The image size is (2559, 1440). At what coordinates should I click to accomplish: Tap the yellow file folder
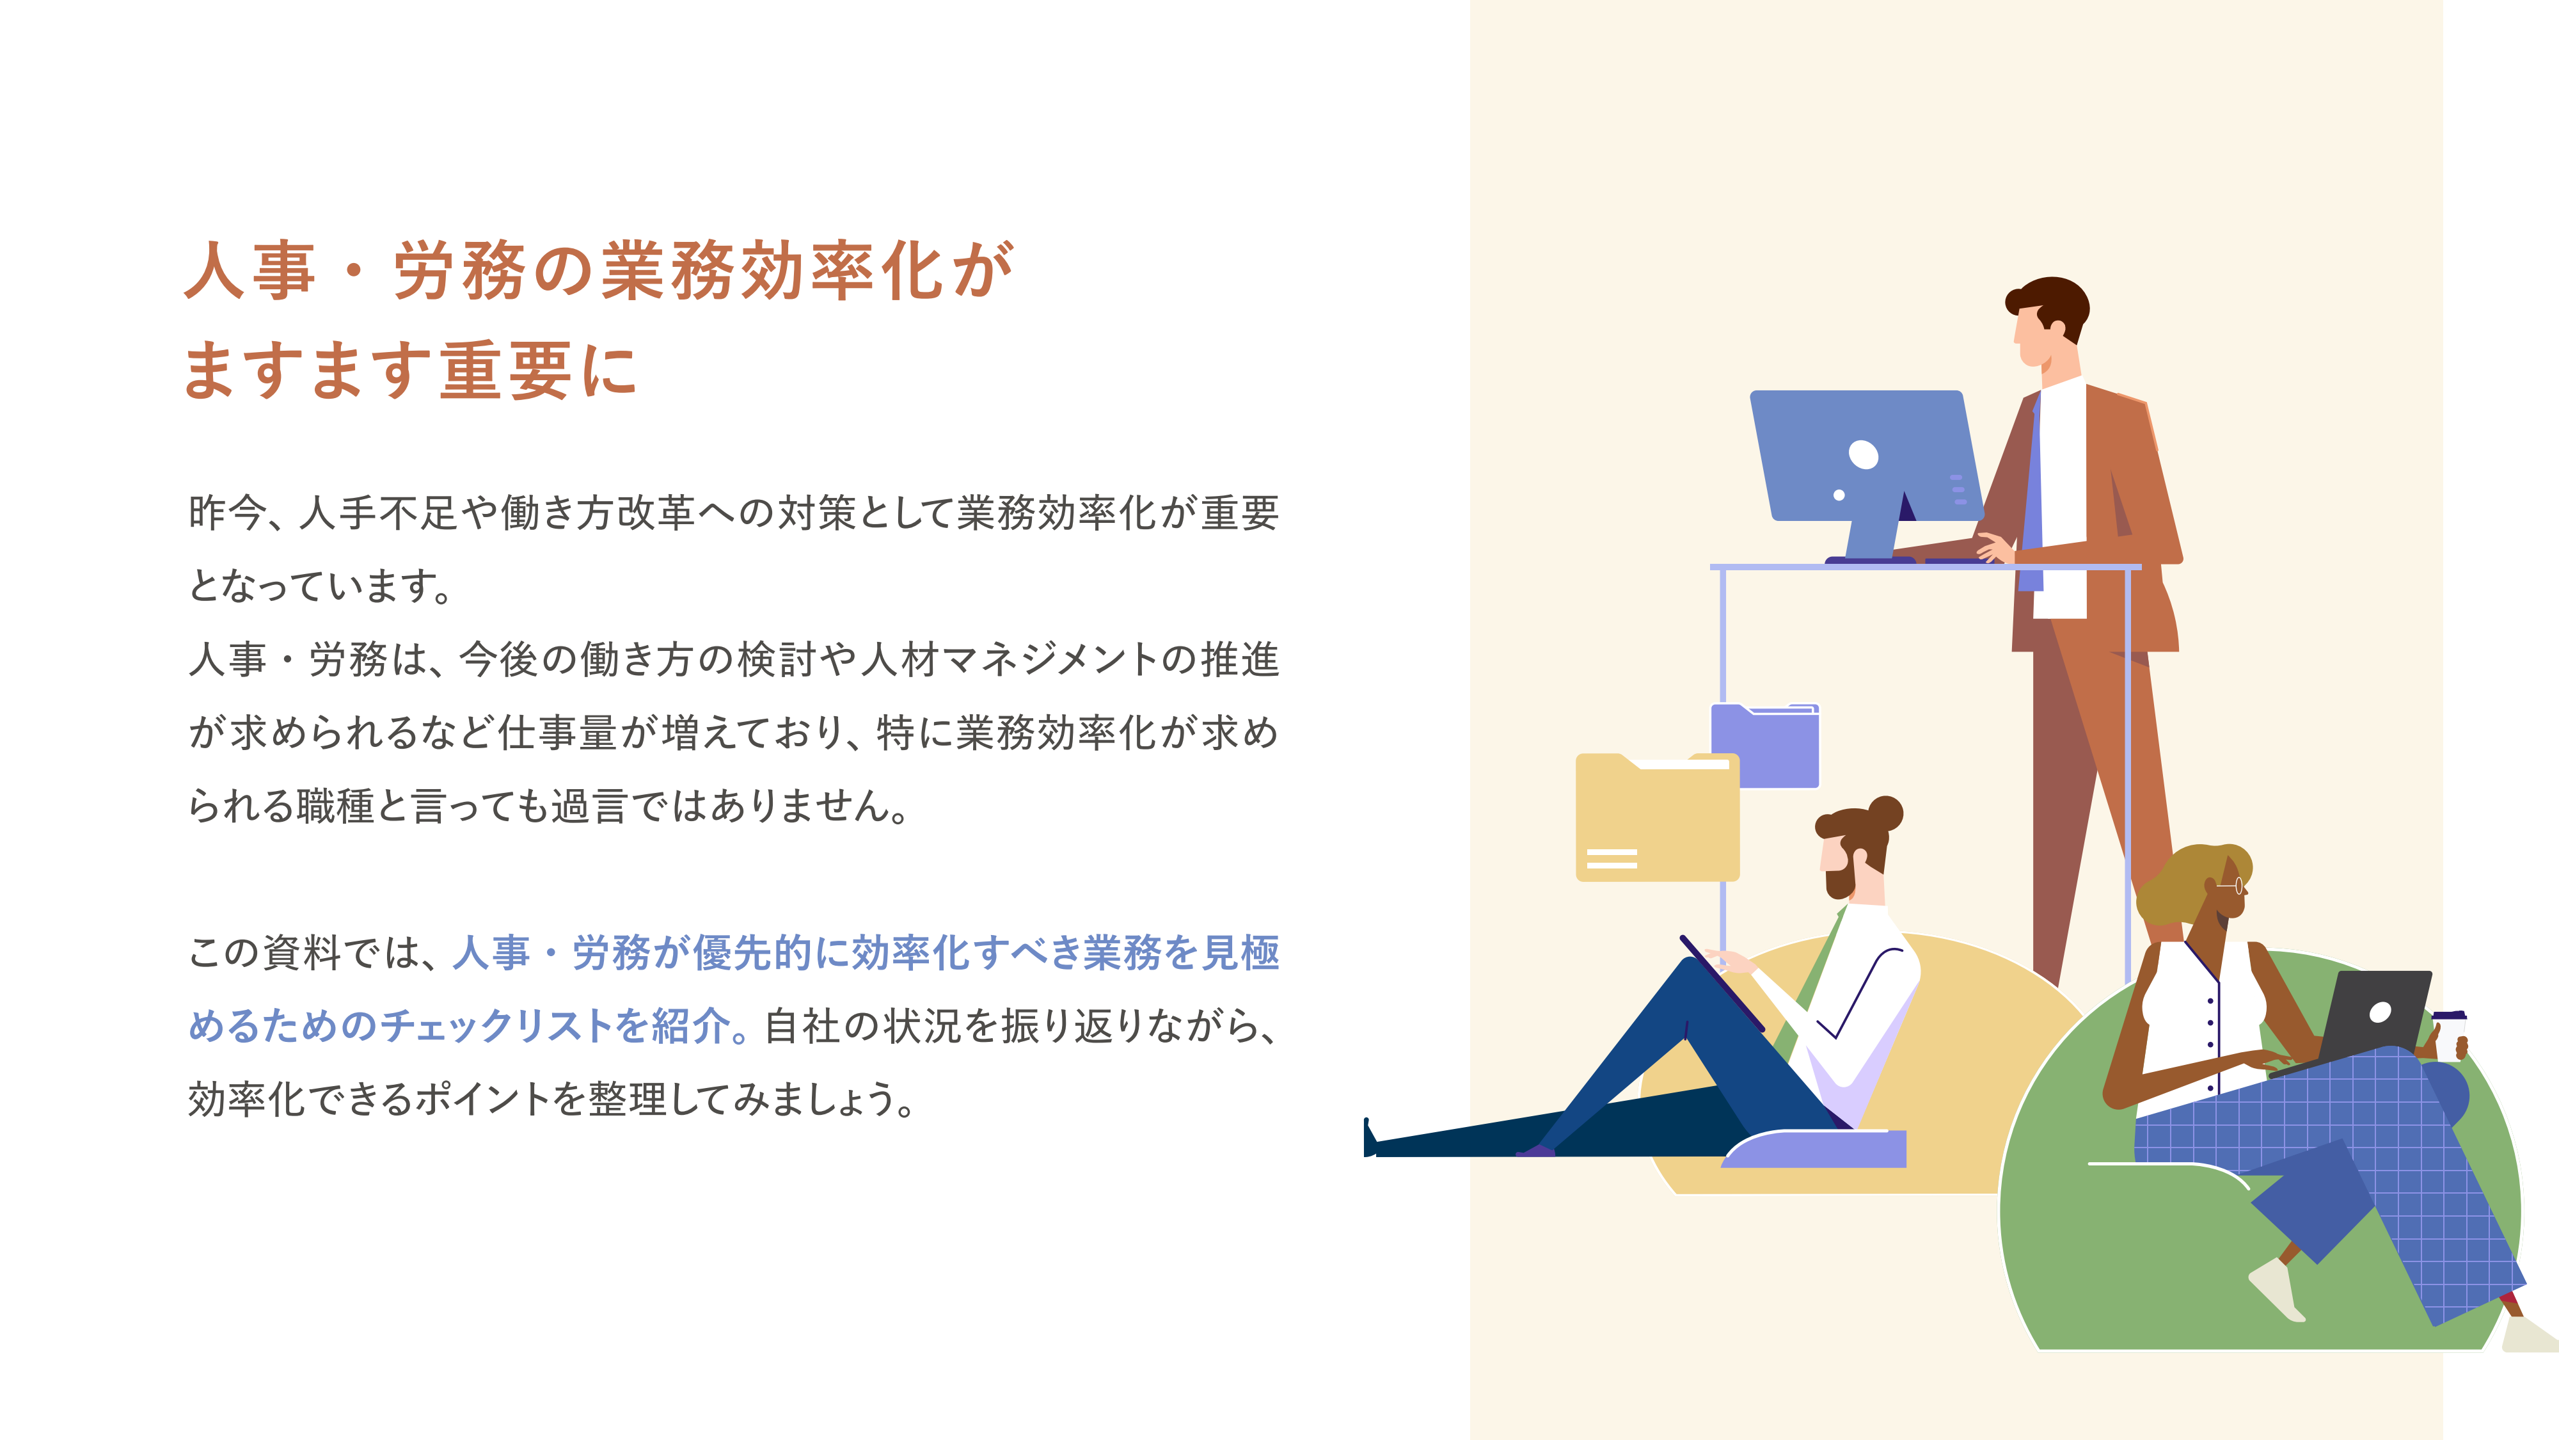tap(1657, 817)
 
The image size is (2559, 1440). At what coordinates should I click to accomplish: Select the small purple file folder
tap(1765, 746)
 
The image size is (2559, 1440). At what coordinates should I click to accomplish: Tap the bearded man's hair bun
tap(1885, 813)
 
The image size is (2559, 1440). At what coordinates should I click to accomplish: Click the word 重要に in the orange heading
tap(537, 370)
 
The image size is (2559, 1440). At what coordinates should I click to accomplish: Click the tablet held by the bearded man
tap(1722, 982)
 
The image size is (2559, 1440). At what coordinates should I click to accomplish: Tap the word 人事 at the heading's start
tap(250, 270)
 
